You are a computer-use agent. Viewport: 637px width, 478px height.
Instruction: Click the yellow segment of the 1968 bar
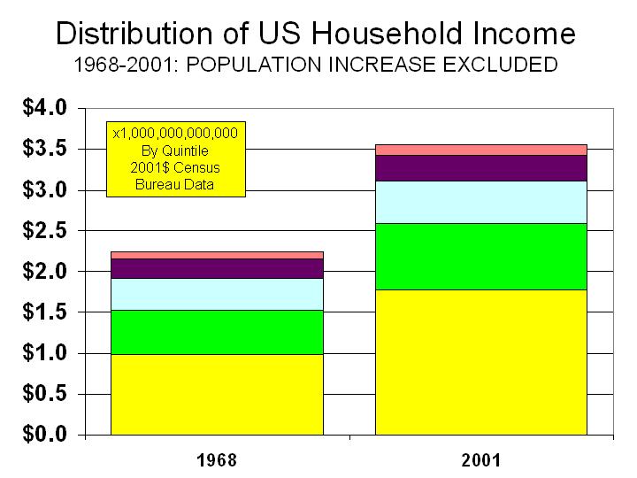217,394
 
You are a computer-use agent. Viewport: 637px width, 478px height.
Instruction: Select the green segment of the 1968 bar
217,332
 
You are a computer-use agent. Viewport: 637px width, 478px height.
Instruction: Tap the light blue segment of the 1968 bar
217,294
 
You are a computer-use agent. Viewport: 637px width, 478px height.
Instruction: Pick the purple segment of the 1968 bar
217,269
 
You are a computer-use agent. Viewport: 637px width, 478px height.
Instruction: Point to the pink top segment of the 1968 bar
217,255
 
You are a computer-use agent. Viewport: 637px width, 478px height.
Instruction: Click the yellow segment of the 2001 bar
481,362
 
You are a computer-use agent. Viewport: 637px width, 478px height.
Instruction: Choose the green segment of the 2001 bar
481,257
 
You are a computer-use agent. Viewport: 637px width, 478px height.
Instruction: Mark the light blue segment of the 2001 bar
481,203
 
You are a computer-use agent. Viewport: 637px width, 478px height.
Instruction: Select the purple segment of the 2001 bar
481,168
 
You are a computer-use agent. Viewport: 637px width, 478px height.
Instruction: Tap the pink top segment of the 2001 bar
481,150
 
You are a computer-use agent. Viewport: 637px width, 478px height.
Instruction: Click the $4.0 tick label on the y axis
45,108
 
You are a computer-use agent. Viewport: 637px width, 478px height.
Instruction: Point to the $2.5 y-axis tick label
45,230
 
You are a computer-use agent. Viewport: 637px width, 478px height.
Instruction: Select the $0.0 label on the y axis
45,434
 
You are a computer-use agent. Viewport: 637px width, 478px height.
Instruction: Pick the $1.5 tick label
45,312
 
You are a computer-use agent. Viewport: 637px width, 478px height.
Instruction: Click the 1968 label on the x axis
217,460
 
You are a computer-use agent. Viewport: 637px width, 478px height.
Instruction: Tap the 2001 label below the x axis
481,460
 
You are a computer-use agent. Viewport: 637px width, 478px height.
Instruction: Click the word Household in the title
387,33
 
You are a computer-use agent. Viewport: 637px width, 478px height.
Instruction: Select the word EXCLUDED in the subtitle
500,65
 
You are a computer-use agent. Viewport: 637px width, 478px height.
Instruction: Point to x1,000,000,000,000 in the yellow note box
175,134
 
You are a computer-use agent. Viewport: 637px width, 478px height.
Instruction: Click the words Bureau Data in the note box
174,184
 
